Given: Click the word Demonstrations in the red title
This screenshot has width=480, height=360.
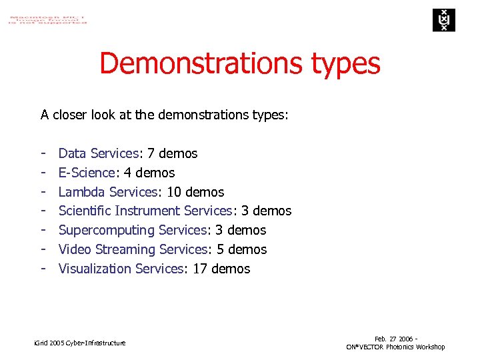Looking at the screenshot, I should (200, 64).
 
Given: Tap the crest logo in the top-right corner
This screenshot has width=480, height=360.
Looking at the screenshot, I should (441, 20).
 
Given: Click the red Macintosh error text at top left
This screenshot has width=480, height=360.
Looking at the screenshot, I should (47, 18).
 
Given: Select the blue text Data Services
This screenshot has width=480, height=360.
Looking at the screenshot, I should (98, 153).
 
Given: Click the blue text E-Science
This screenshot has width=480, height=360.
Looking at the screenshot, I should (87, 173).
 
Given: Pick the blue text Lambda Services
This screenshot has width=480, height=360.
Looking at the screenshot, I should (107, 192).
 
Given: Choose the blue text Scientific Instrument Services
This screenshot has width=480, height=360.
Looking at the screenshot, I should (145, 211).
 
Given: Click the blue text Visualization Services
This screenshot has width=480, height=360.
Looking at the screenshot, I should (120, 269).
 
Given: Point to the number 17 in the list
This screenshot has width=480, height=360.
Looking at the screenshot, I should (200, 269).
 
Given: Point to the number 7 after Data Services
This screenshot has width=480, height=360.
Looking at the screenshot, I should (151, 153).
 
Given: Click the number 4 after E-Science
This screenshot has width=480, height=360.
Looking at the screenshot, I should (129, 173).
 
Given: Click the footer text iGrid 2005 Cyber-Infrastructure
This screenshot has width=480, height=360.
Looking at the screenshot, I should (79, 343).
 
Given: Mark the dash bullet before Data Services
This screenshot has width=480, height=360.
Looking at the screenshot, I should (43, 153).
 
